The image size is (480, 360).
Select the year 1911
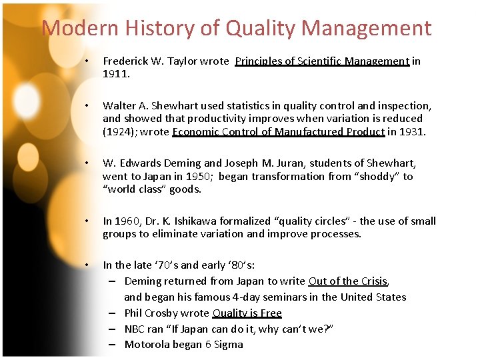click(x=116, y=74)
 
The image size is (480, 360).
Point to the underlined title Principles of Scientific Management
click(x=322, y=61)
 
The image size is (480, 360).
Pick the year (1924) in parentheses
click(x=121, y=132)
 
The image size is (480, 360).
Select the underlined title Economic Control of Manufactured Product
click(x=278, y=132)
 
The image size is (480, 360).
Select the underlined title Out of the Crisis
click(x=347, y=281)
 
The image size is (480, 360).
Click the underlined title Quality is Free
click(x=247, y=313)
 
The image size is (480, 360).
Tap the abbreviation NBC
click(x=136, y=329)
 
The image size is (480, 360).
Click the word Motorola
click(x=149, y=345)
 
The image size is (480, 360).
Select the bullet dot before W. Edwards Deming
click(x=87, y=163)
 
